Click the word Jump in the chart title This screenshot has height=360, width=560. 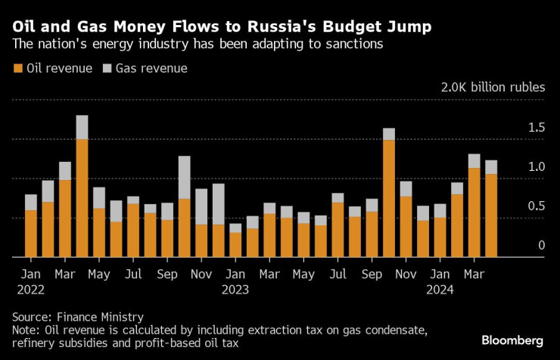pyautogui.click(x=408, y=27)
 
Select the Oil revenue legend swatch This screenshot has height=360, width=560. pyautogui.click(x=18, y=69)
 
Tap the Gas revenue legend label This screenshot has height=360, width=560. pyautogui.click(x=151, y=69)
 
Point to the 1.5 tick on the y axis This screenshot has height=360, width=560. pyautogui.click(x=535, y=128)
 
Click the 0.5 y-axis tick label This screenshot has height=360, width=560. pyautogui.click(x=535, y=206)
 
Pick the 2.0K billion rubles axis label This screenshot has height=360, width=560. pyautogui.click(x=493, y=87)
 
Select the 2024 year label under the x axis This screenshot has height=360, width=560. pyautogui.click(x=442, y=288)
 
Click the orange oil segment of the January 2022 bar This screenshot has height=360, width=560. pyautogui.click(x=31, y=234)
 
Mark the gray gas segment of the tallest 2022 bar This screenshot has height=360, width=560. pyautogui.click(x=82, y=127)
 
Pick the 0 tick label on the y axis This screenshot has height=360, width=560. pyautogui.click(x=541, y=246)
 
